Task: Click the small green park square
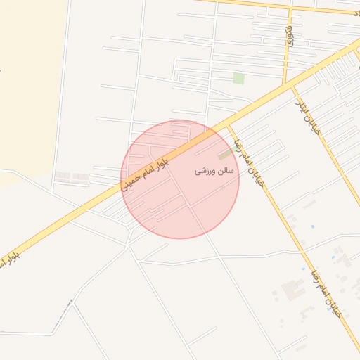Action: click(x=239, y=79)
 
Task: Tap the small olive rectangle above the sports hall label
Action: click(x=226, y=153)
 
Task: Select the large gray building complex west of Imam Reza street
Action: click(x=292, y=289)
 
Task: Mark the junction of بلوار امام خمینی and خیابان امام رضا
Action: click(x=229, y=125)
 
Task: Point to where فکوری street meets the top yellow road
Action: click(x=290, y=9)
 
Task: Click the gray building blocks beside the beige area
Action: click(x=72, y=176)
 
